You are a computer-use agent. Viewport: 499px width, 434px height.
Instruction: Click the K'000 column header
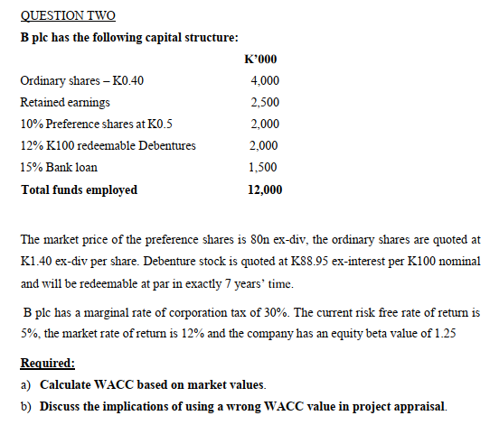point(260,60)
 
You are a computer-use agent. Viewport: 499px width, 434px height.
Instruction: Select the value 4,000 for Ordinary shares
point(263,80)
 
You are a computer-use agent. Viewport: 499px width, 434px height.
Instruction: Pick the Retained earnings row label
point(65,102)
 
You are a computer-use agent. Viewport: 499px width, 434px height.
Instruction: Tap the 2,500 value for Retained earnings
point(263,102)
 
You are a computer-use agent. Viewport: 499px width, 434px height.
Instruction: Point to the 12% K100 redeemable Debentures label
point(108,146)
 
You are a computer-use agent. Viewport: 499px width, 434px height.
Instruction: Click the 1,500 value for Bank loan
point(263,168)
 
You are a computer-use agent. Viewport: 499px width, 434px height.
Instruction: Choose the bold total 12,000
point(263,189)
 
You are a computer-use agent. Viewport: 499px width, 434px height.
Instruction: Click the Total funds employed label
point(79,189)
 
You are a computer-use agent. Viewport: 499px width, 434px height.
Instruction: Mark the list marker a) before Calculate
point(25,385)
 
